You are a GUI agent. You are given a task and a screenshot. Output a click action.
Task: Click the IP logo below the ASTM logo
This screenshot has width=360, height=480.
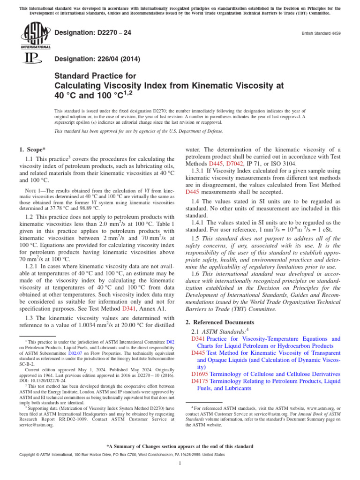pyautogui.click(x=31, y=59)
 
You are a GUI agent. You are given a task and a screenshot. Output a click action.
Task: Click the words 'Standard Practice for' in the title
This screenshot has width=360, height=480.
pyautogui.click(x=96, y=76)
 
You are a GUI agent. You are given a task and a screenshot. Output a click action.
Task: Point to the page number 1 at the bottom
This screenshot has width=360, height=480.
pyautogui.click(x=180, y=464)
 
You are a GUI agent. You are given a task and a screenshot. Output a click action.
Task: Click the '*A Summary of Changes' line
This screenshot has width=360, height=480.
pyautogui.click(x=180, y=446)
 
